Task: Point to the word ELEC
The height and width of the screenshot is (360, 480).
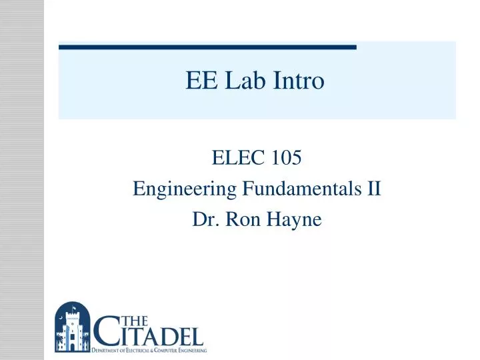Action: (x=231, y=159)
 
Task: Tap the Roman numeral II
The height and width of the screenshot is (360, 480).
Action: (x=373, y=189)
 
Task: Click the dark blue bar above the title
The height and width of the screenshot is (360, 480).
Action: (x=207, y=47)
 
